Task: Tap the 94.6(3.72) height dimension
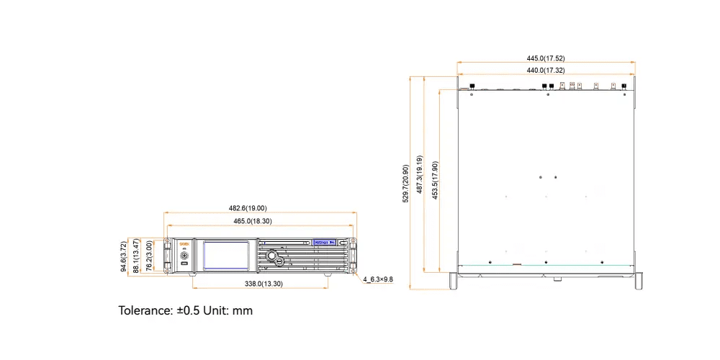pos(124,256)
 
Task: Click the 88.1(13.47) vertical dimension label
pos(137,256)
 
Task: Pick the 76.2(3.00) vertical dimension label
pos(149,256)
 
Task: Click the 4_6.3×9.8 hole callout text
pos(378,279)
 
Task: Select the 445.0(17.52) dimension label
pos(545,58)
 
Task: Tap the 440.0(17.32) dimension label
pos(545,71)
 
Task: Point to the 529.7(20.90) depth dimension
pos(405,184)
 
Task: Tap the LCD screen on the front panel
pos(227,256)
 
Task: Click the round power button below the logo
pos(184,256)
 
